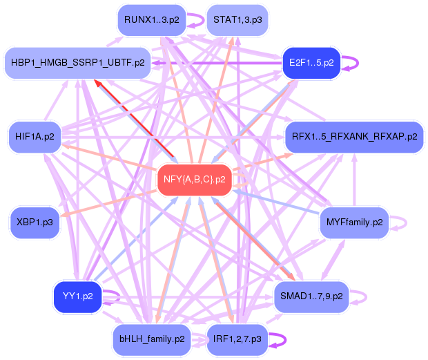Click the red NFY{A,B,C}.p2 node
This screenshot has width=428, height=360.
click(194, 180)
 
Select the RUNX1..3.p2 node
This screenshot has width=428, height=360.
click(152, 20)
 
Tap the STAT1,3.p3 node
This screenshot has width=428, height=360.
click(237, 20)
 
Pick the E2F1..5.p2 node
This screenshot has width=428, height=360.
click(311, 62)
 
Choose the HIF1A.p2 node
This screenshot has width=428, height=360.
click(35, 136)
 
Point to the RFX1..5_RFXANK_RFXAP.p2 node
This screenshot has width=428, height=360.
click(354, 136)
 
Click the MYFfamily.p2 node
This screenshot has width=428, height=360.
click(354, 222)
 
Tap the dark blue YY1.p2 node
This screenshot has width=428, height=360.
click(78, 296)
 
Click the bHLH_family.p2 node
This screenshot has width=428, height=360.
click(152, 339)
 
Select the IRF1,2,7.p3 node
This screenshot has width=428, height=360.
click(237, 339)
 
